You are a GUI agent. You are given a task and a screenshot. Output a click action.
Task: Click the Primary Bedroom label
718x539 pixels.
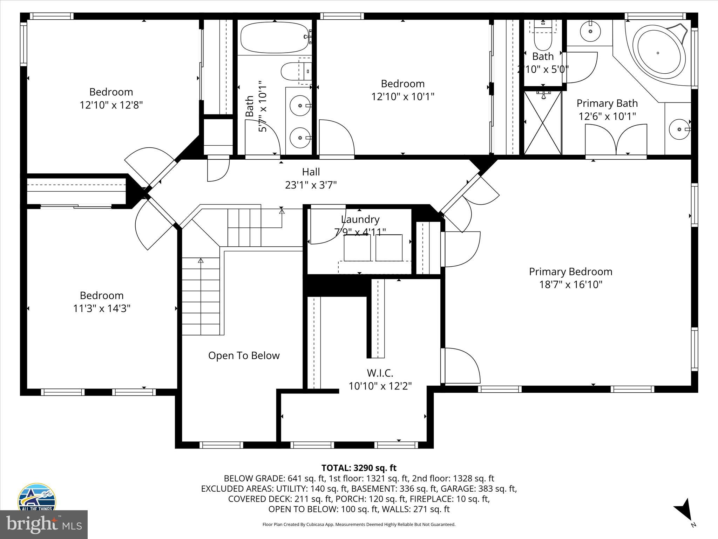click(x=570, y=272)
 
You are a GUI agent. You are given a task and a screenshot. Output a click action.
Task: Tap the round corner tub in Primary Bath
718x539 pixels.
click(x=658, y=53)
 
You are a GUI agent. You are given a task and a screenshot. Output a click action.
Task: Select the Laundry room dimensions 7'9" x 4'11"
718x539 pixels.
click(x=360, y=232)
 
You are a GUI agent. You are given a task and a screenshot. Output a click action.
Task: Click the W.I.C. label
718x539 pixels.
click(x=380, y=373)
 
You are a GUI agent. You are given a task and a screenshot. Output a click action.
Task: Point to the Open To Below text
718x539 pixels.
click(x=244, y=355)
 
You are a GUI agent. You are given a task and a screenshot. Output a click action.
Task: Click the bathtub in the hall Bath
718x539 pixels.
click(x=274, y=38)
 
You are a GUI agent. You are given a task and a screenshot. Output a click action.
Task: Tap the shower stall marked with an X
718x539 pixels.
click(x=542, y=122)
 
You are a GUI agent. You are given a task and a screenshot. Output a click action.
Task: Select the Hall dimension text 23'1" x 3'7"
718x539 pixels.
click(x=311, y=185)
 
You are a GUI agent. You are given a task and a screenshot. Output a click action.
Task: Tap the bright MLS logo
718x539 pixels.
click(x=44, y=524)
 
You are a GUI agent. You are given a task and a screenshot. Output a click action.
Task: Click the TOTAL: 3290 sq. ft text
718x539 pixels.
click(x=359, y=468)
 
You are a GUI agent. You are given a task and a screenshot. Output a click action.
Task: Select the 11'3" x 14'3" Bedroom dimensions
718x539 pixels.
click(x=102, y=308)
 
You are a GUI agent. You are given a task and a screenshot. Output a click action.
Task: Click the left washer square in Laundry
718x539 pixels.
click(x=357, y=248)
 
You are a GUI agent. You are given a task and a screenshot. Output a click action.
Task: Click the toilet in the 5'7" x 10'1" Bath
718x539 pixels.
click(x=291, y=71)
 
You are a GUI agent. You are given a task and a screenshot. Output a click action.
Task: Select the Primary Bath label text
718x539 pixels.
click(x=607, y=103)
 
